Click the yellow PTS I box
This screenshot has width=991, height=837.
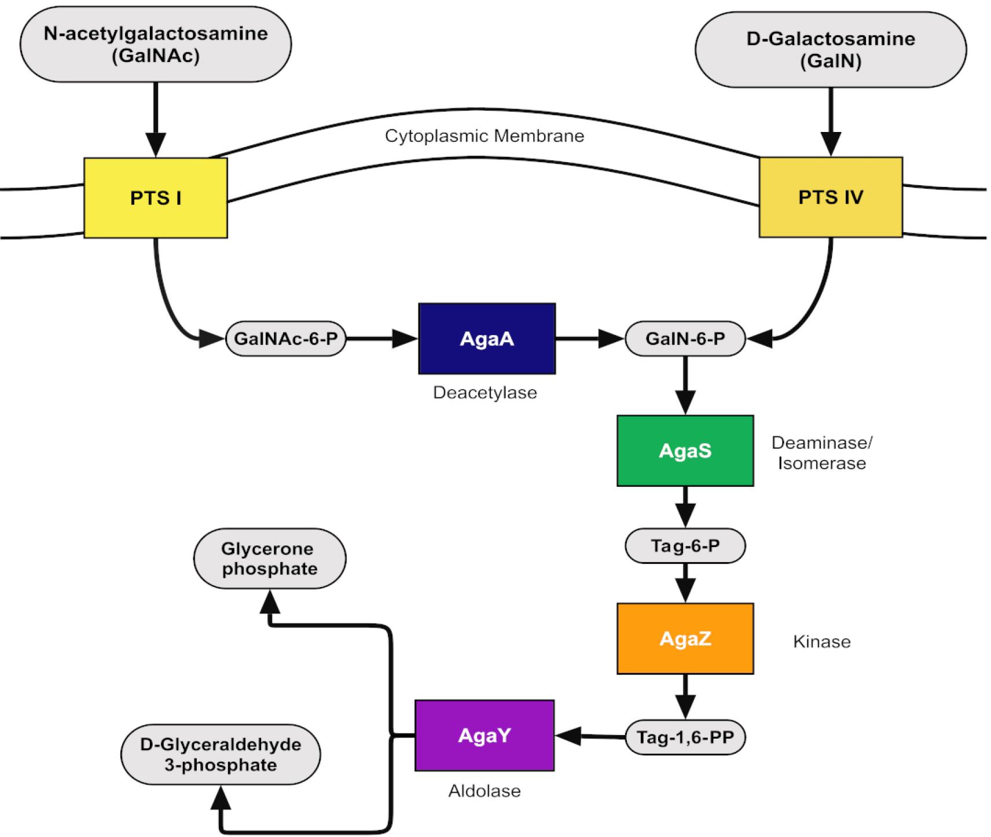pos(156,197)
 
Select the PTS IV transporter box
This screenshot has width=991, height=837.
pos(831,197)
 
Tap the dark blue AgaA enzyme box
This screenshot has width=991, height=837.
pos(487,339)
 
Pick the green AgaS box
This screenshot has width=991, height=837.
pos(685,450)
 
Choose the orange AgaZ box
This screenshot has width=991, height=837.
pos(685,638)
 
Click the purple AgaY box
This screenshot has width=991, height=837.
pos(485,735)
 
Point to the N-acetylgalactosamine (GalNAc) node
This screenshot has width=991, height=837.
pos(156,44)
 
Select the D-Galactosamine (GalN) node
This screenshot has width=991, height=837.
pos(831,50)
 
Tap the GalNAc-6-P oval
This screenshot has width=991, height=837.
pos(285,339)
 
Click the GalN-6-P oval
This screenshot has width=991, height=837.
pos(685,339)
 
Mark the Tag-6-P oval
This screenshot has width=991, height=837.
pos(685,545)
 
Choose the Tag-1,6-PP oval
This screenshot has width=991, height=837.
pos(685,737)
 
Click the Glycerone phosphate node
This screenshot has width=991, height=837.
pos(270,559)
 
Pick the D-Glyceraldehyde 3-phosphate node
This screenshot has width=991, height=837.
pos(221,754)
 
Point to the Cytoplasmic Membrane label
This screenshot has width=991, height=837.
pos(485,136)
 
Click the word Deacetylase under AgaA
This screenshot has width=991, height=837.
pos(485,392)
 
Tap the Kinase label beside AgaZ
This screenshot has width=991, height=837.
pos(821,641)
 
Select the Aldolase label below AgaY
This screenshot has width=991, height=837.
pos(485,791)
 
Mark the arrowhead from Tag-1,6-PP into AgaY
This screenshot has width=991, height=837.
pos(567,736)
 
